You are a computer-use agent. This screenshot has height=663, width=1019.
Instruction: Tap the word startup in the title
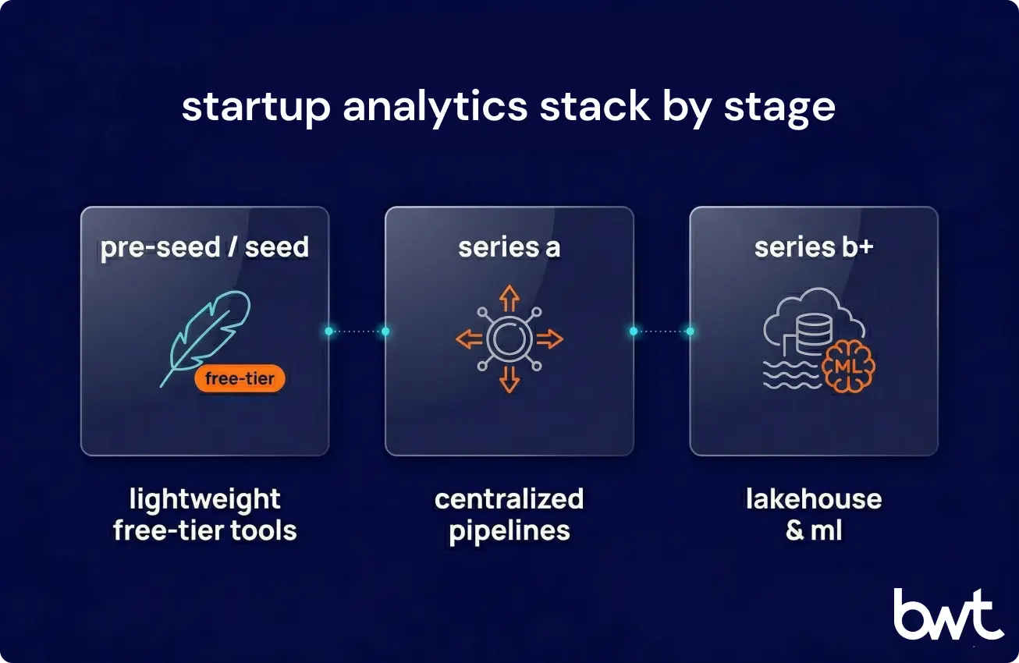tap(256, 107)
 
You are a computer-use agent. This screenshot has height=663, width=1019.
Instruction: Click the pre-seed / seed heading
tap(204, 247)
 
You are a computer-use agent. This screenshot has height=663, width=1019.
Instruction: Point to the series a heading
tap(509, 247)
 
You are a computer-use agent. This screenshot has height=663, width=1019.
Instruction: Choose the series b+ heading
tap(813, 247)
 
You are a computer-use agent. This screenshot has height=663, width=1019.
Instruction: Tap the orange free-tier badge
tap(240, 379)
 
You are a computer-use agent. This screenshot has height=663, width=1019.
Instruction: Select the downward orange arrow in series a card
tap(509, 378)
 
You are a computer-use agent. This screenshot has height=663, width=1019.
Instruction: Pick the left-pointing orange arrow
tap(469, 339)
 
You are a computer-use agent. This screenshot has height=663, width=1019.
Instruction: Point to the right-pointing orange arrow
tap(549, 339)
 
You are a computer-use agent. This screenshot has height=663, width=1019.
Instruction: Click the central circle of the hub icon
tap(509, 339)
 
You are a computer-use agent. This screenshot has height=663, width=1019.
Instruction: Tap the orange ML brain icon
tap(849, 366)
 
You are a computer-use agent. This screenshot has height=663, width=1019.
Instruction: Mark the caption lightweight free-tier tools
tap(204, 515)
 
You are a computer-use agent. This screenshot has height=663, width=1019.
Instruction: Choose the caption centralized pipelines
tap(509, 515)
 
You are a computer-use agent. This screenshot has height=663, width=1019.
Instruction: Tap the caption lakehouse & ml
tap(813, 515)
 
